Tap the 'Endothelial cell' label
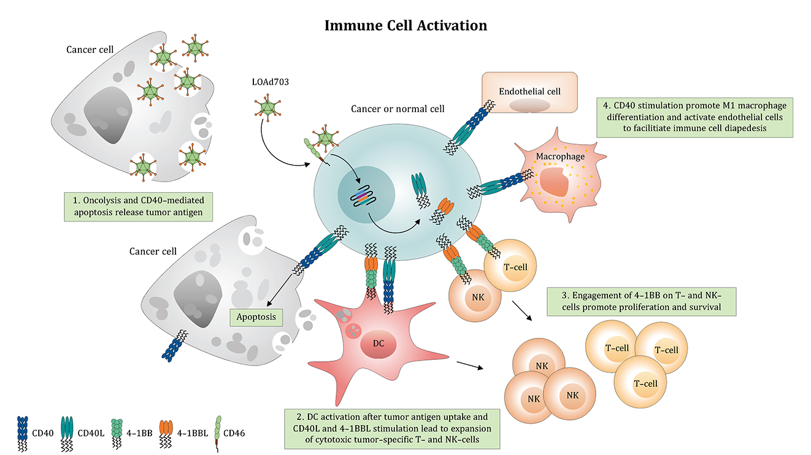(x=529, y=91)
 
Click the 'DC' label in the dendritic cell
(x=379, y=343)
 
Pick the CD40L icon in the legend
(x=67, y=430)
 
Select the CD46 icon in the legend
(x=217, y=430)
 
